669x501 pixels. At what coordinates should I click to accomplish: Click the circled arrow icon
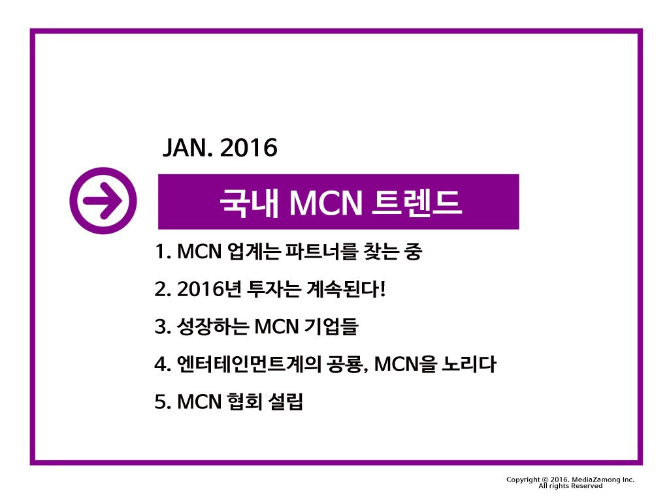103,201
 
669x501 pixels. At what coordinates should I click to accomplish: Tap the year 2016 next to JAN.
249,149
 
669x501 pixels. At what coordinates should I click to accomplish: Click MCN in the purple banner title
325,202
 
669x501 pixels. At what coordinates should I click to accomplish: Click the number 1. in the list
162,252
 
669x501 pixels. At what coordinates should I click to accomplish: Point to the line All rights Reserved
570,486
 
